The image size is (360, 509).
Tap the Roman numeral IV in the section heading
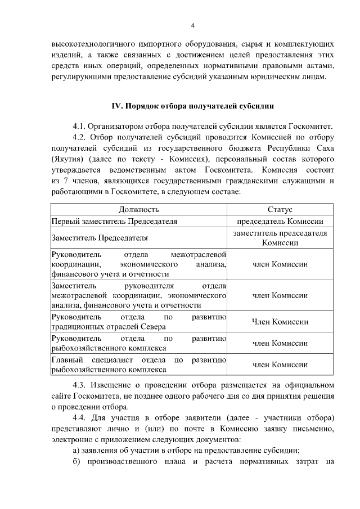tap(117, 105)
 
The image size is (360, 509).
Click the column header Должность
tap(138, 210)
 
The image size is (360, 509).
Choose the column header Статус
tap(280, 210)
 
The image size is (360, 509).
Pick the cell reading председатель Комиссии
tap(280, 222)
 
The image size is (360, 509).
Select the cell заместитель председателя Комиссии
tap(280, 238)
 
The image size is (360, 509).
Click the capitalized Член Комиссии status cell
tap(280, 322)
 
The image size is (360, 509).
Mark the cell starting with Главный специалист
tap(138, 364)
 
